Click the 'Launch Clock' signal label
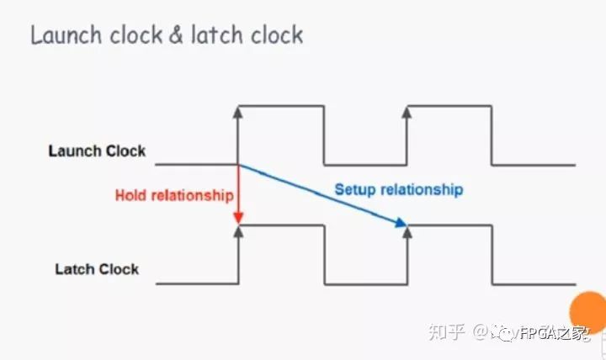[x=97, y=151]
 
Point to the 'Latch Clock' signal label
[x=97, y=269]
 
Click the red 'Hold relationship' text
[x=173, y=195]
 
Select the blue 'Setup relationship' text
[x=399, y=189]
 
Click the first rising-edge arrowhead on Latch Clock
[x=239, y=230]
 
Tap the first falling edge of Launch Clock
[x=324, y=135]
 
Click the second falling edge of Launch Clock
[x=492, y=135]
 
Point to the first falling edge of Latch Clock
[x=324, y=254]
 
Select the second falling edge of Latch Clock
[x=492, y=254]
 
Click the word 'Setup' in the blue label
[x=354, y=189]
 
